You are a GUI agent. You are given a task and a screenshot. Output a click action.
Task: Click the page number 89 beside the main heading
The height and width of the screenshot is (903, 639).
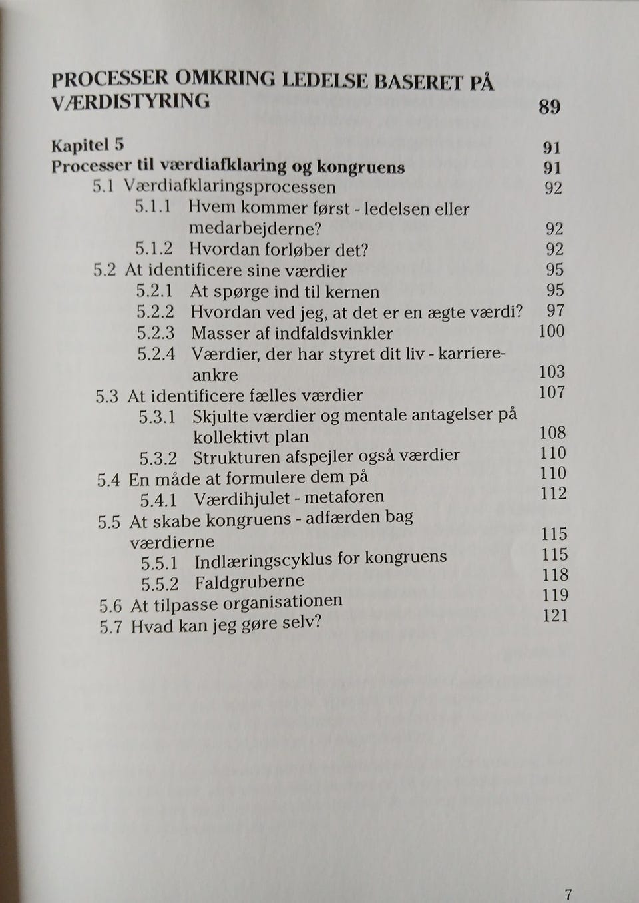pos(549,107)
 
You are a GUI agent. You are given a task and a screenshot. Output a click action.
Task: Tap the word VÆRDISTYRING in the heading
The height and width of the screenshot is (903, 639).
pos(130,101)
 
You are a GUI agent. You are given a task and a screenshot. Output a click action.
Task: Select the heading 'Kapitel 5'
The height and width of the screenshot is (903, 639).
pos(88,145)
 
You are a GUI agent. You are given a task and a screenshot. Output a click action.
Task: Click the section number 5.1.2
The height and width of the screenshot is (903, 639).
pos(154,249)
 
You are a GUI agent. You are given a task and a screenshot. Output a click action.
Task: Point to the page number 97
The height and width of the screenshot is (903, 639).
pos(555,310)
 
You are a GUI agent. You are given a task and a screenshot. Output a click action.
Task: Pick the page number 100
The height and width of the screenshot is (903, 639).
pos(551,331)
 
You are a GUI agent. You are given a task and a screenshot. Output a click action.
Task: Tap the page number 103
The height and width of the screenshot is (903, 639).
pos(552,372)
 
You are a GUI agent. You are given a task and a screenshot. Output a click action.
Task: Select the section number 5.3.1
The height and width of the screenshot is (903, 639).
pos(158,417)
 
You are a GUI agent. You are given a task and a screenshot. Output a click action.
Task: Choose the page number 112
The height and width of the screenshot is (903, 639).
pos(553,493)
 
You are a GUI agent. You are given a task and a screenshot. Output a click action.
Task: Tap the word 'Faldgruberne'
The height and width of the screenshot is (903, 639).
pos(249,583)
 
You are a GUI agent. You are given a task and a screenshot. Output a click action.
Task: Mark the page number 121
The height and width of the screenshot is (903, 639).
pos(555,615)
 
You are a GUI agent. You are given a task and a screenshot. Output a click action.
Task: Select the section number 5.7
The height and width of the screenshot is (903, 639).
pos(110,627)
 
